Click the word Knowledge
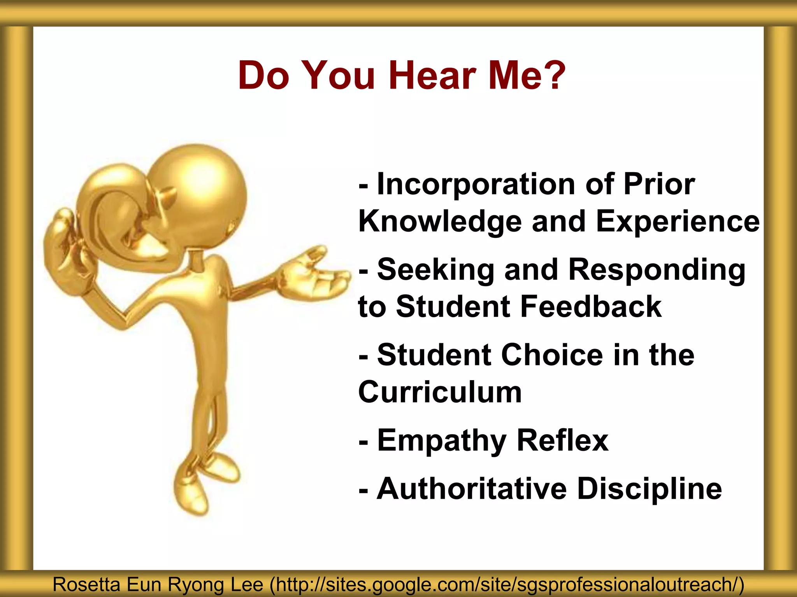tap(440, 222)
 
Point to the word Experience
tap(677, 222)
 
